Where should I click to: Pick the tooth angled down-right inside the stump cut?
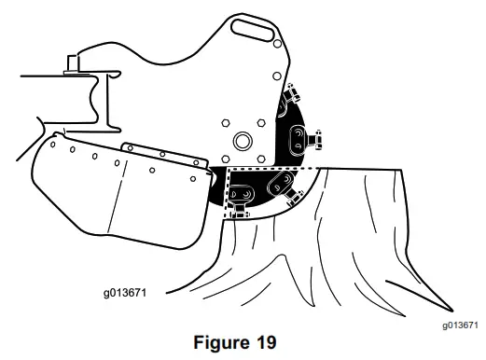click(x=289, y=189)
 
